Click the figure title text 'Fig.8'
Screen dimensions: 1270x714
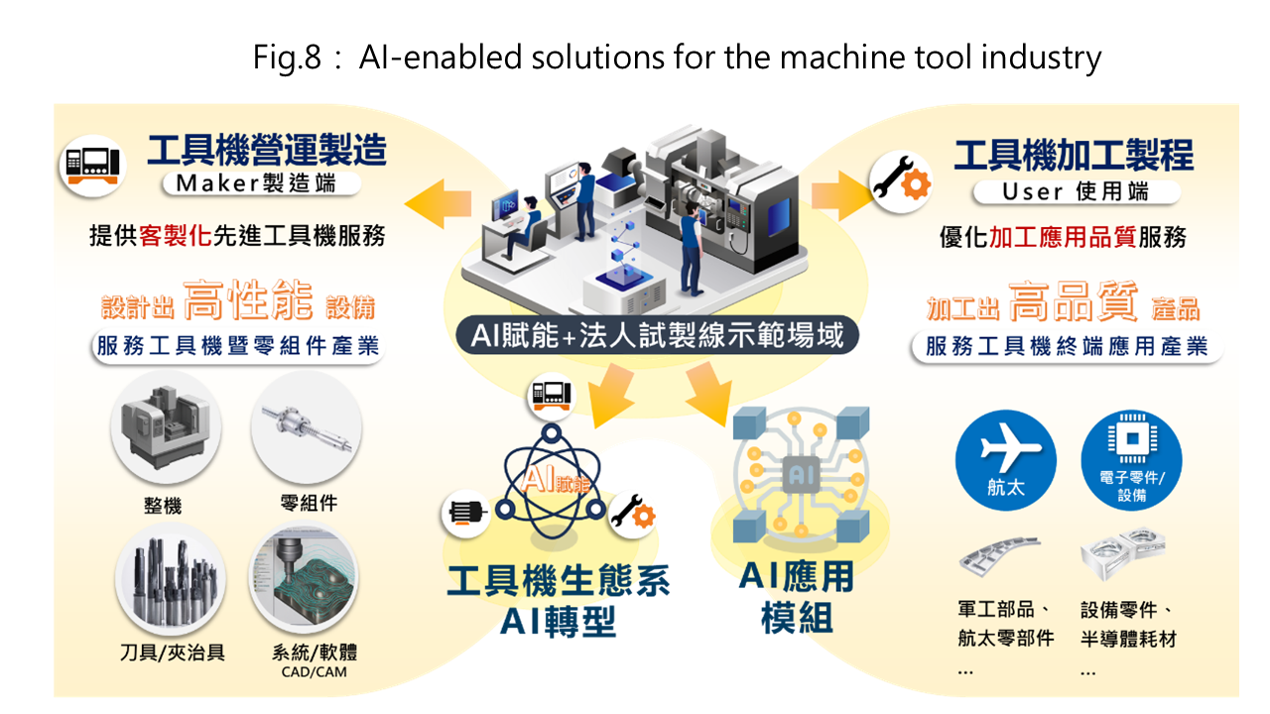(x=287, y=58)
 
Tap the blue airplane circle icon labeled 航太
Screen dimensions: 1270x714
(x=1006, y=460)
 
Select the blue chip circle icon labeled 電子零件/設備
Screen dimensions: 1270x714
(x=1132, y=460)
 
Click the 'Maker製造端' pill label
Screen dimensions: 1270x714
(x=261, y=183)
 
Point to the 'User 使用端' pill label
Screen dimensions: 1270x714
(x=1077, y=192)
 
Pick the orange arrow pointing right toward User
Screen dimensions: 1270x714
(x=843, y=195)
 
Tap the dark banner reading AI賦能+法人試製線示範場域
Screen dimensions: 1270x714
(x=657, y=335)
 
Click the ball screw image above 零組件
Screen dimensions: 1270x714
(x=307, y=427)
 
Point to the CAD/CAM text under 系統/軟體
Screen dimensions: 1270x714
(x=315, y=672)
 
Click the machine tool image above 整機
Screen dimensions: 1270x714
(x=166, y=427)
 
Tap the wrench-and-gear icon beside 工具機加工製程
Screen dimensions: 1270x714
(x=902, y=182)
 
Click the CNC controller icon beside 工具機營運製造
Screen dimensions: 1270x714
(x=93, y=166)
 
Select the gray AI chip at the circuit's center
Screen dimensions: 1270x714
(x=801, y=474)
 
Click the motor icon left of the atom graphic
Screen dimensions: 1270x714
(x=466, y=514)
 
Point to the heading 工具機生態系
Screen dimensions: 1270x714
(x=559, y=581)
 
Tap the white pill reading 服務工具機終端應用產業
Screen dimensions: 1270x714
(x=1067, y=346)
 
